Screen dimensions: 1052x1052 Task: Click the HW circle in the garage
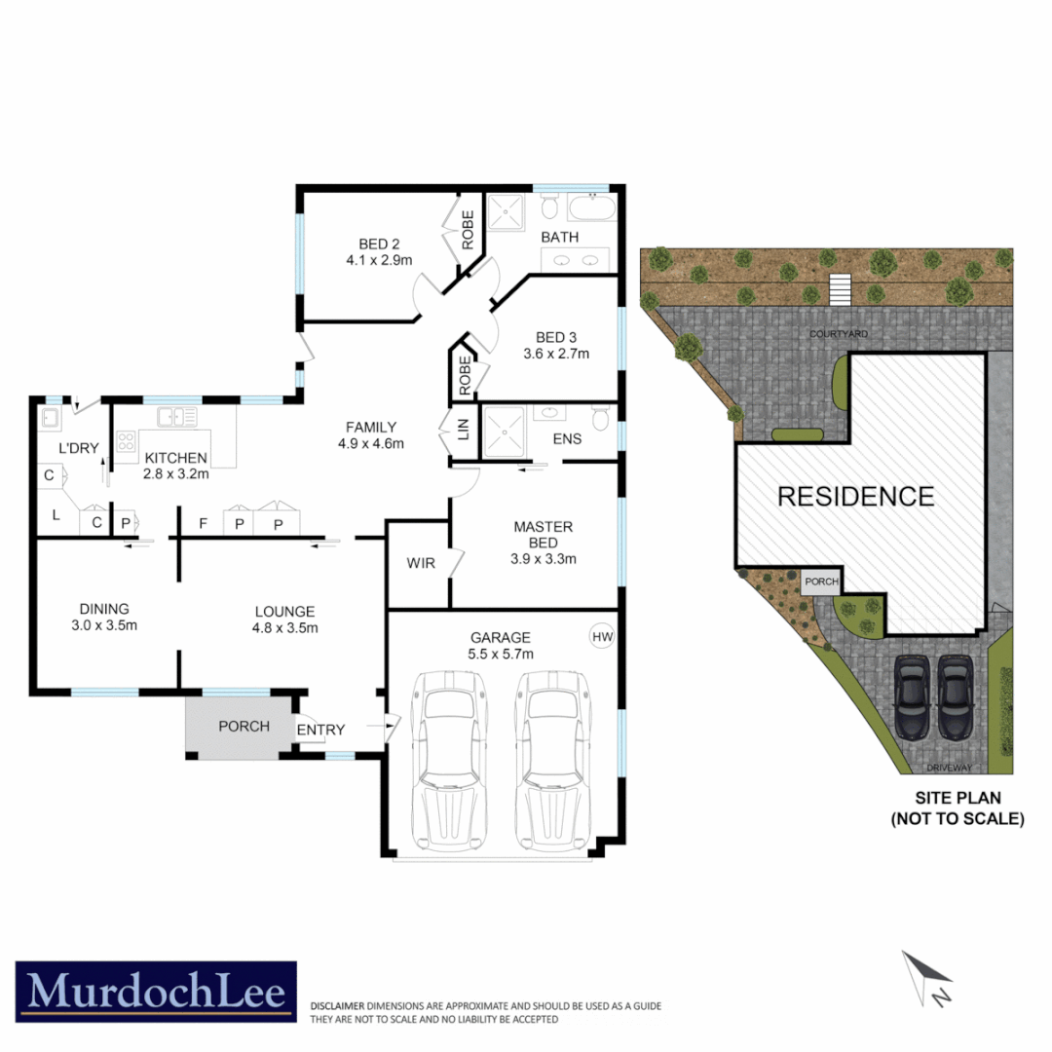click(603, 637)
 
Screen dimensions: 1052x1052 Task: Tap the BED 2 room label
click(352, 244)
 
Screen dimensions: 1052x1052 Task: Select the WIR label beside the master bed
click(421, 563)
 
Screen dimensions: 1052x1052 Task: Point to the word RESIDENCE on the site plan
click(855, 496)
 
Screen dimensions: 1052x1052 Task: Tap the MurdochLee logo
click(156, 992)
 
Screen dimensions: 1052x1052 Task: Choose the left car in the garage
click(449, 760)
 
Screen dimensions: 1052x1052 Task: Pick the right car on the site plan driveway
click(955, 695)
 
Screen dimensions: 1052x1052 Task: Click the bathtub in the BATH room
click(591, 208)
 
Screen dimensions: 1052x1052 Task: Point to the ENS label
click(567, 438)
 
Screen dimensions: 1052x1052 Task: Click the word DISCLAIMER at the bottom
click(337, 1005)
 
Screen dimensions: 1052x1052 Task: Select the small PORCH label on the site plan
click(821, 582)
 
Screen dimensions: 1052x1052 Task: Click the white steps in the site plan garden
click(840, 289)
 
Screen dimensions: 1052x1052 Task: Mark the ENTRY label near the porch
click(320, 730)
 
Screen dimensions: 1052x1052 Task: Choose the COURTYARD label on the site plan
click(839, 333)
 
